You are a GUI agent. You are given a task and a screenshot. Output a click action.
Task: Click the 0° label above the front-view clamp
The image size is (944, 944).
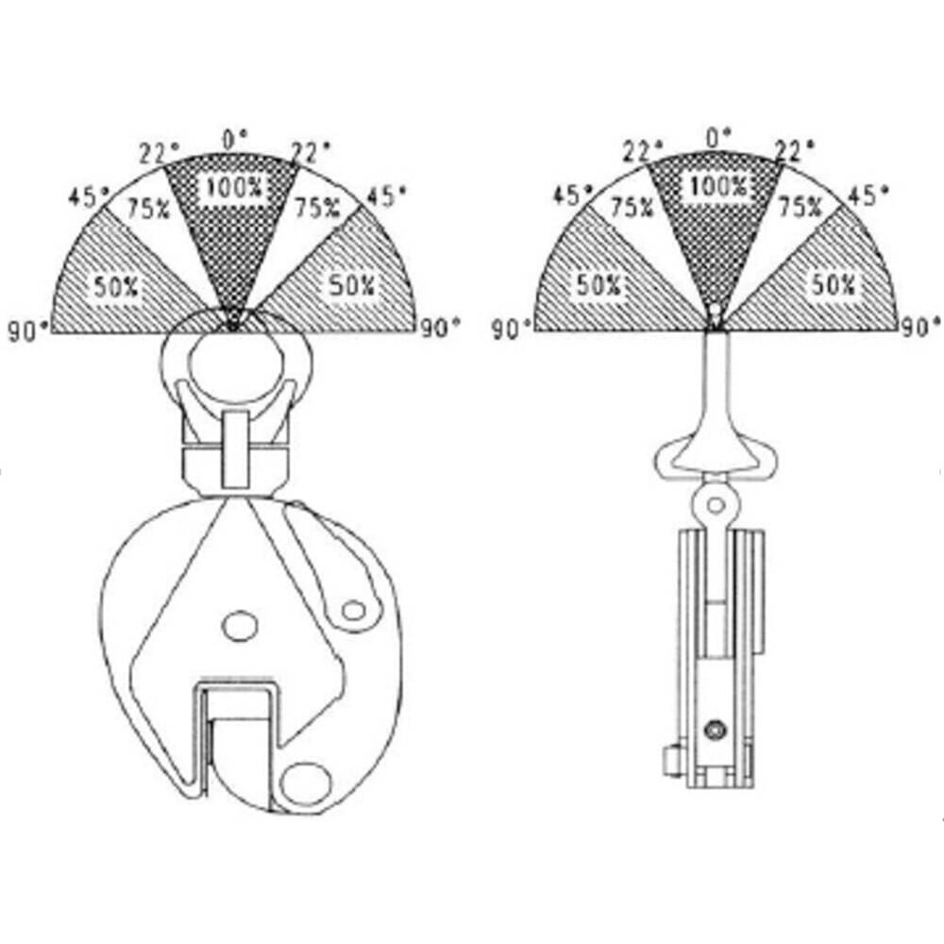(x=235, y=139)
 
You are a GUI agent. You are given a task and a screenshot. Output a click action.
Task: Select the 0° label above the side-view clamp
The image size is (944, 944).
(x=718, y=138)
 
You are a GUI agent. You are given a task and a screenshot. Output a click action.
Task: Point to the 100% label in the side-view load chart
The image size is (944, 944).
(x=718, y=186)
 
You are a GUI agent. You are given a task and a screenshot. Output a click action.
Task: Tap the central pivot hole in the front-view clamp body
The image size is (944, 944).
(x=240, y=626)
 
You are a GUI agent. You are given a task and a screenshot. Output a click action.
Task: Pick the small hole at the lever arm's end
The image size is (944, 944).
(x=354, y=611)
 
